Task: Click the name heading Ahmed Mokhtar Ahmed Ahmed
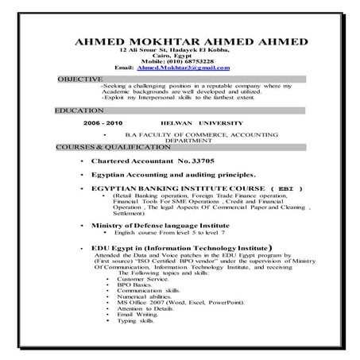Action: tap(185, 41)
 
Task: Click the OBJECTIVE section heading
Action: tap(80, 79)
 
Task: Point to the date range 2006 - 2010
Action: tap(103, 125)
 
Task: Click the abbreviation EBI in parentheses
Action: tap(284, 188)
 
